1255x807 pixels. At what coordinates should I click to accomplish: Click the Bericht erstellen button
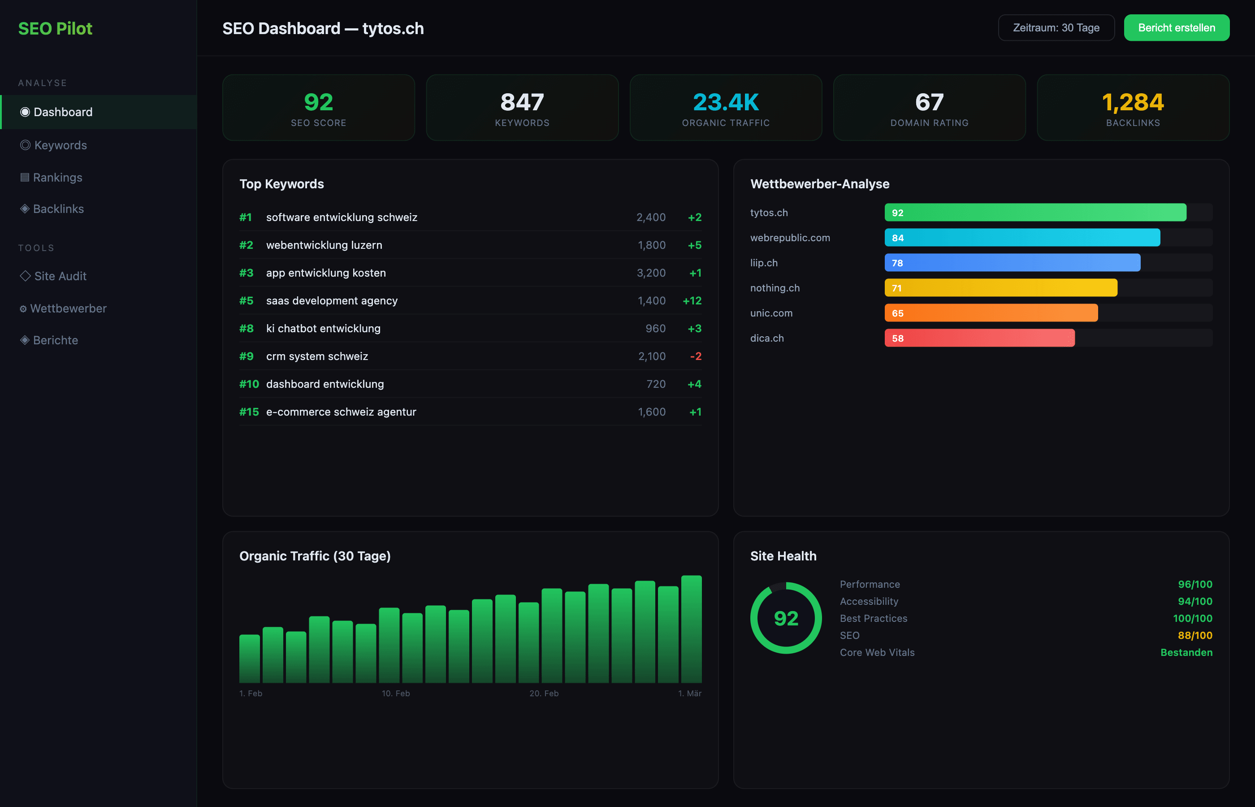1176,28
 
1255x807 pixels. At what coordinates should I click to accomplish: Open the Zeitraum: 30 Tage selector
1056,28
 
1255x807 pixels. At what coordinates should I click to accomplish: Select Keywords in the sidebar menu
60,145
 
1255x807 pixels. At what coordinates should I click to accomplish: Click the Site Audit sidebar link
60,276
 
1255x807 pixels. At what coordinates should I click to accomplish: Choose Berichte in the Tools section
55,340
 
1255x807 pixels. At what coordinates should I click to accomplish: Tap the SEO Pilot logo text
55,28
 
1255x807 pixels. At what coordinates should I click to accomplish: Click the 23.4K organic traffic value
726,102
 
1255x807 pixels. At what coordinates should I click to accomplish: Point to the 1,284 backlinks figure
1133,102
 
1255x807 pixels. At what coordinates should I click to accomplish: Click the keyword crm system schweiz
317,356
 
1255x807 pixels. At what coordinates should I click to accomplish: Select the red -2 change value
696,356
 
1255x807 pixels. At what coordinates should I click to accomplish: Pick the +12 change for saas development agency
692,301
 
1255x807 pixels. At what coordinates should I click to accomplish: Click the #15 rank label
249,412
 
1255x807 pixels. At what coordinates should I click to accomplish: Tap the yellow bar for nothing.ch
1000,288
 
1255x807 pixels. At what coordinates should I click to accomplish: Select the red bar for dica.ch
979,338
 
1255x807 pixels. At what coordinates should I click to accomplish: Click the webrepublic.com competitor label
790,238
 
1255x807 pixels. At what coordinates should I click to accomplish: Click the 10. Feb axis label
395,693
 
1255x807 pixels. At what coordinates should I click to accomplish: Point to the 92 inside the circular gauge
786,618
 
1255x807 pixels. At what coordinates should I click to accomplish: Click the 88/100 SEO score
1195,635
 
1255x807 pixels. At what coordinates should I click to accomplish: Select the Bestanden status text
1186,652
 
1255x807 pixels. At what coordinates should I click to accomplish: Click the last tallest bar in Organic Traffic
691,629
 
